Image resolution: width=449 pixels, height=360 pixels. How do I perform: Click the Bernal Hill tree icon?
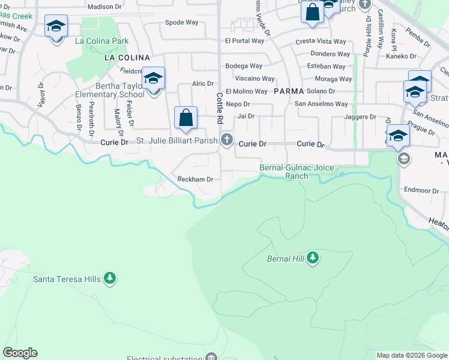pyautogui.click(x=312, y=258)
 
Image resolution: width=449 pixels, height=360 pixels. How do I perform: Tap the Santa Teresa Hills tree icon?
pyautogui.click(x=109, y=278)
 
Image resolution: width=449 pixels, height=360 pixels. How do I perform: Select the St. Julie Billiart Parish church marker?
pyautogui.click(x=227, y=140)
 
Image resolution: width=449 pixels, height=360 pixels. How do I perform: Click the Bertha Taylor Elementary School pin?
pyautogui.click(x=153, y=79)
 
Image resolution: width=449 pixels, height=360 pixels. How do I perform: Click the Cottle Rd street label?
pyautogui.click(x=220, y=108)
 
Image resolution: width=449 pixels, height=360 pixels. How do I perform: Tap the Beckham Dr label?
pyautogui.click(x=196, y=179)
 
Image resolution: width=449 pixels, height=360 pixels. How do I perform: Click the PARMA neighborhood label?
pyautogui.click(x=291, y=91)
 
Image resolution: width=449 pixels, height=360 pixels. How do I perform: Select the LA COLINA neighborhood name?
pyautogui.click(x=127, y=58)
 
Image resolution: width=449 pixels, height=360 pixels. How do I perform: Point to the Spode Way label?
pyautogui.click(x=182, y=22)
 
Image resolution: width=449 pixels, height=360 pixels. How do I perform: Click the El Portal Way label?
pyautogui.click(x=244, y=41)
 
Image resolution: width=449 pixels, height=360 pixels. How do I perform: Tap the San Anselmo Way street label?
pyautogui.click(x=321, y=104)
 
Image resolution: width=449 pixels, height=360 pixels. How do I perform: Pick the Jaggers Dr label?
pyautogui.click(x=360, y=117)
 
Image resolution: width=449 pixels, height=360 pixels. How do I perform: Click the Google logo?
pyautogui.click(x=20, y=353)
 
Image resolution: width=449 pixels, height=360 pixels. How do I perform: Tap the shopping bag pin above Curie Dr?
pyautogui.click(x=186, y=118)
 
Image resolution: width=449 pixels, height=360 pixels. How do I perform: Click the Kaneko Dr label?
pyautogui.click(x=402, y=56)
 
